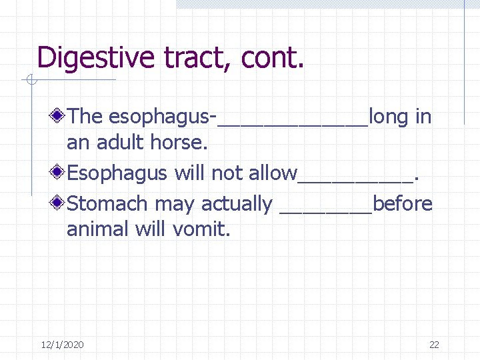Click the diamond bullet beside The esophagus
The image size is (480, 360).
pos(59,117)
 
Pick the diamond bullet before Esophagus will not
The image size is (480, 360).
pos(59,173)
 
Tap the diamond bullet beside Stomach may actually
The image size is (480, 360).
pos(59,203)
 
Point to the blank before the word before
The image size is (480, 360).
pos(326,209)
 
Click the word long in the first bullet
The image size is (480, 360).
pos(389,117)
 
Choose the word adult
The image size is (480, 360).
pos(120,143)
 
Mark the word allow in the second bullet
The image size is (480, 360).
pos(273,173)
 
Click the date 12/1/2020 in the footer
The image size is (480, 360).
pos(62,345)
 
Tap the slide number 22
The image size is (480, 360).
pos(434,345)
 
